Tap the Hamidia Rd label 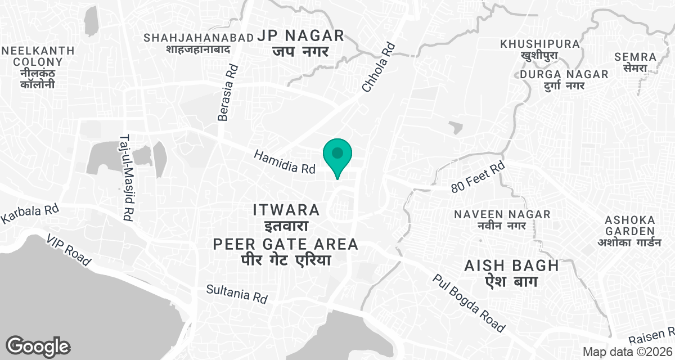[x=285, y=162]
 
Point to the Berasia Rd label [x=227, y=92]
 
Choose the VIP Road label [x=69, y=250]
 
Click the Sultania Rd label [x=236, y=294]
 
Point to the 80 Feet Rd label [x=478, y=178]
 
